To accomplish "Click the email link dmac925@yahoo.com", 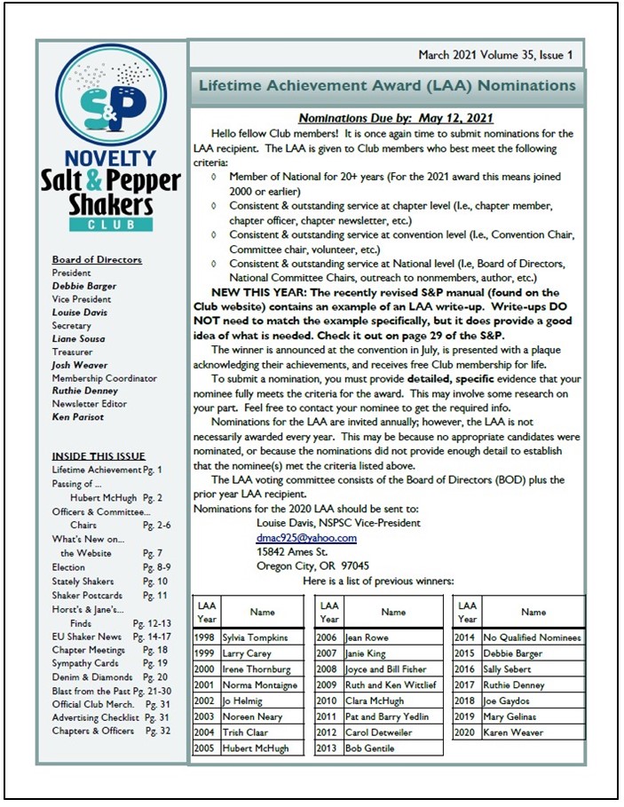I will click(306, 538).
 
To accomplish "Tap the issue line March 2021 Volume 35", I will click(495, 55).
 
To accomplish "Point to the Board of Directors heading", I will click(97, 259).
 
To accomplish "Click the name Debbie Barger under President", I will click(83, 286).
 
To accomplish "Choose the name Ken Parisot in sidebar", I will click(78, 417).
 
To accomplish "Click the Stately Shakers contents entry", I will click(83, 582).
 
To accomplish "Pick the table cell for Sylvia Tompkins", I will click(260, 637).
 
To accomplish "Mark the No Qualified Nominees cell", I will click(532, 637).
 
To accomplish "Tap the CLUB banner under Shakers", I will click(110, 225).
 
